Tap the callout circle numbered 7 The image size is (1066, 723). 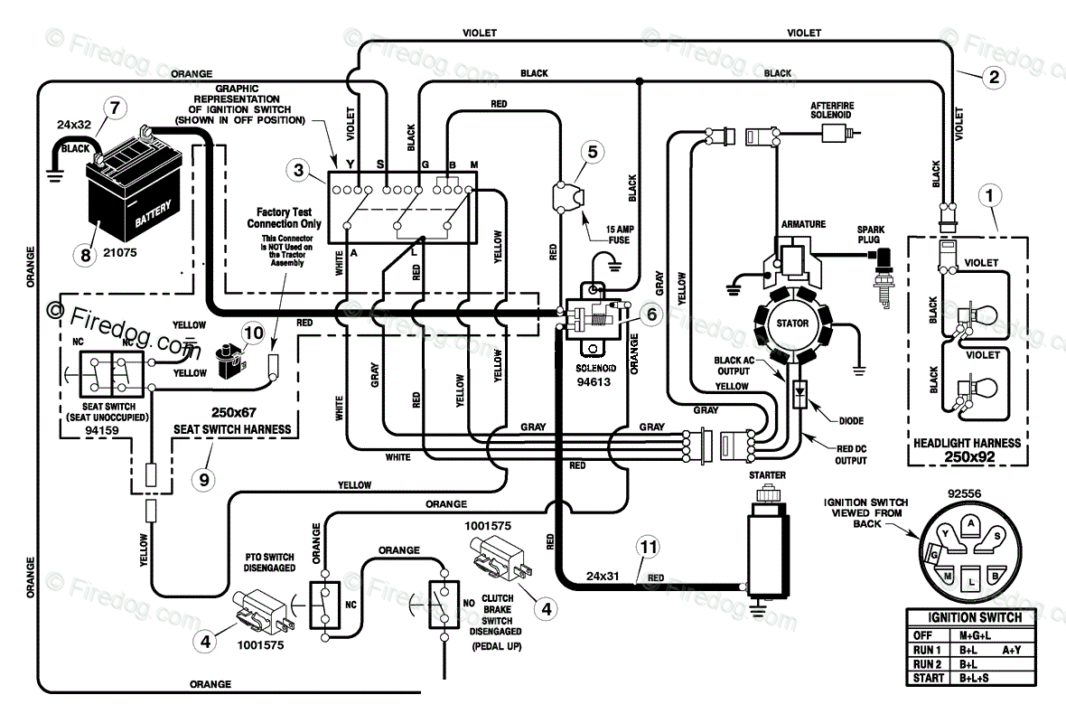point(115,108)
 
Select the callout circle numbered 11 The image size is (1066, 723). point(649,547)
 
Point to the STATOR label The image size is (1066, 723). point(792,323)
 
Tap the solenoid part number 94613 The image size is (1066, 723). point(594,382)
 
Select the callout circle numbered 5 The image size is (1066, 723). point(592,153)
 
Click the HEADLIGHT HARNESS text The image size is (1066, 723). point(967,443)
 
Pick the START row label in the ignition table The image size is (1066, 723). point(929,678)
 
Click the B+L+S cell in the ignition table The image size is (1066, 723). point(974,678)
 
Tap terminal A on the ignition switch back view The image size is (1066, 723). point(971,523)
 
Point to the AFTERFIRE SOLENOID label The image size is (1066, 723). point(832,110)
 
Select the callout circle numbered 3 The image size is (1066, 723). point(298,169)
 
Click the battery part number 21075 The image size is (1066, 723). point(119,252)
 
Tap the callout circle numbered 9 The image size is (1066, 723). point(204,480)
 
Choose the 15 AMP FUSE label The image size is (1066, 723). point(619,235)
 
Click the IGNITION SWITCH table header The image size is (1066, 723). point(975,617)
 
